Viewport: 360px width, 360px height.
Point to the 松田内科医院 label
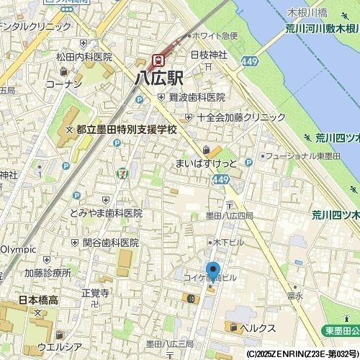(x=85, y=56)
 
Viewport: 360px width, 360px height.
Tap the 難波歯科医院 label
(x=197, y=97)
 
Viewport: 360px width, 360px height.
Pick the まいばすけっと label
(x=205, y=163)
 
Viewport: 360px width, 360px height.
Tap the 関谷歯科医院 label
(x=110, y=243)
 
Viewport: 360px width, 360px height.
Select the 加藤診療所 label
(x=48, y=273)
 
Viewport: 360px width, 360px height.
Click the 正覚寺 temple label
(x=95, y=293)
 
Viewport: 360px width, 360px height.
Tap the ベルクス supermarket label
(x=258, y=328)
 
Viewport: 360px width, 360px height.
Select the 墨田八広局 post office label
(x=230, y=215)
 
